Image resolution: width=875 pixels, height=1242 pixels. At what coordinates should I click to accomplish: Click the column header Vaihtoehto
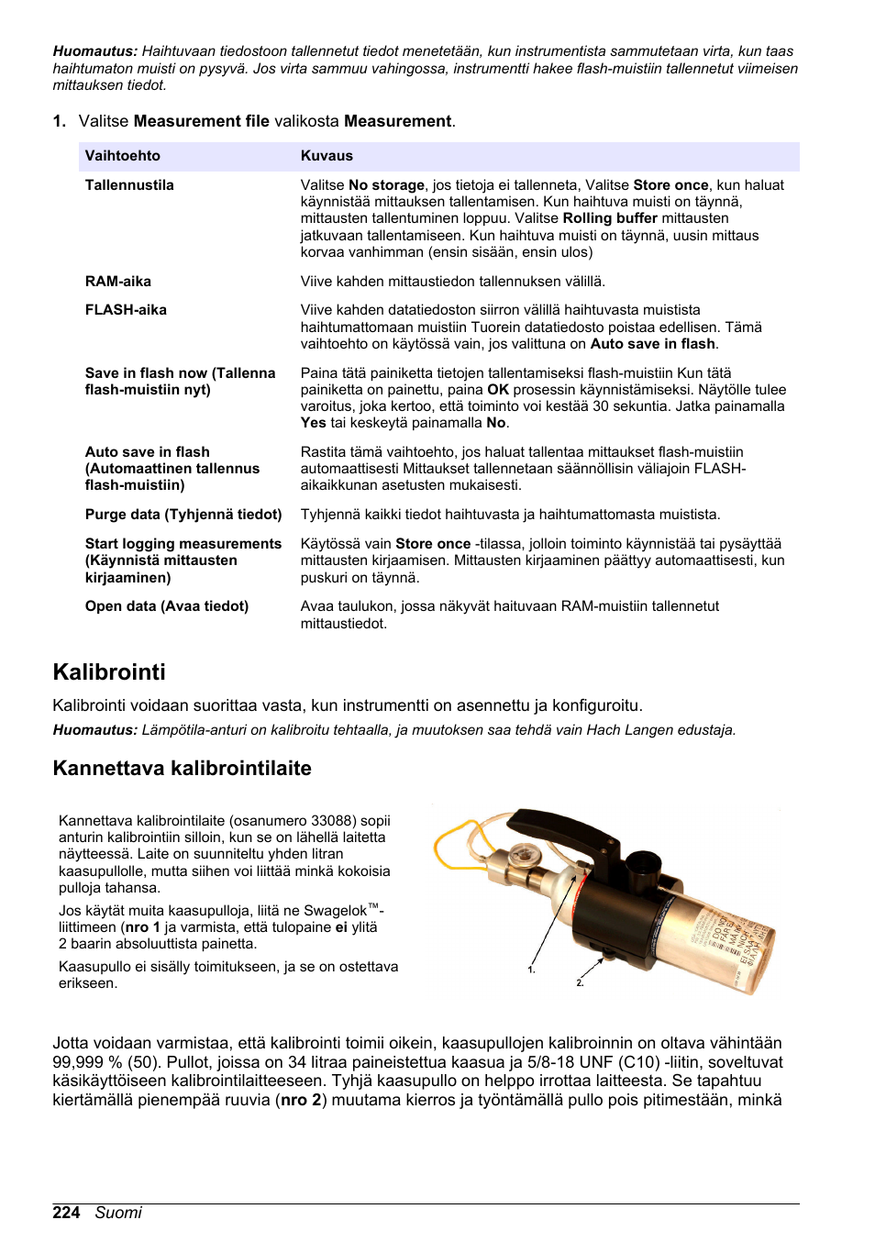pyautogui.click(x=122, y=156)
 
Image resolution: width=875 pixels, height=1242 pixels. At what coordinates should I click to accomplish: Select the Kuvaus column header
pyautogui.click(x=327, y=156)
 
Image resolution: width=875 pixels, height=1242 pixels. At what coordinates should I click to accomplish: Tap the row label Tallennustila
pyautogui.click(x=129, y=185)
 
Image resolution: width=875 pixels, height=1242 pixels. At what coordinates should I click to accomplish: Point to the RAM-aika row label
pyautogui.click(x=118, y=282)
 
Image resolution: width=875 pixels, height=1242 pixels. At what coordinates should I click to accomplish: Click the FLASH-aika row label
pyautogui.click(x=126, y=310)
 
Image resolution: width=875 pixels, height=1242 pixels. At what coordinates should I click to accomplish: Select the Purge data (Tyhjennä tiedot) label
pyautogui.click(x=183, y=515)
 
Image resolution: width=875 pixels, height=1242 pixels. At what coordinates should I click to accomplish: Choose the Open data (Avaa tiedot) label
pyautogui.click(x=167, y=606)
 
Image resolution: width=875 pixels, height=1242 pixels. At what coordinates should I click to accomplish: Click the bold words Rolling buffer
pyautogui.click(x=610, y=218)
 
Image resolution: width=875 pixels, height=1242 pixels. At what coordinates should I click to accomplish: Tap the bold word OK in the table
pyautogui.click(x=498, y=390)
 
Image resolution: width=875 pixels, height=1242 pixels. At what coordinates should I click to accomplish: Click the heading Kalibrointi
pyautogui.click(x=109, y=672)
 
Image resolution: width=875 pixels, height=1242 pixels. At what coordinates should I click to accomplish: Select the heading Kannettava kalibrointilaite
pyautogui.click(x=182, y=769)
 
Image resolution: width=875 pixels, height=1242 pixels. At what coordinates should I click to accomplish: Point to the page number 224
pyautogui.click(x=66, y=1213)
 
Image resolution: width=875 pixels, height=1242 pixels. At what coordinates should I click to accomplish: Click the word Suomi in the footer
pyautogui.click(x=118, y=1213)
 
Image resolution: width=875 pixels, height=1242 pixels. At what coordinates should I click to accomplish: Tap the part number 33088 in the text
pyautogui.click(x=336, y=821)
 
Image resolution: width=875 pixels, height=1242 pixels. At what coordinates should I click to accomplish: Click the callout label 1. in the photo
pyautogui.click(x=531, y=970)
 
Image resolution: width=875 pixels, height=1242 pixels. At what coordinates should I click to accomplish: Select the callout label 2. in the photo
pyautogui.click(x=580, y=982)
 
